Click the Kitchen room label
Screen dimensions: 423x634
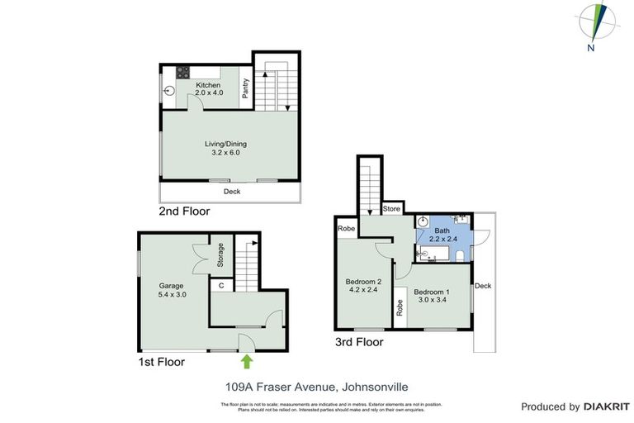pyautogui.click(x=208, y=88)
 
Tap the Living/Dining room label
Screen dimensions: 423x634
pyautogui.click(x=225, y=148)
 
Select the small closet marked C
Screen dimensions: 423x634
pyautogui.click(x=220, y=286)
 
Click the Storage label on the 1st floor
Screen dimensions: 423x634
pyautogui.click(x=220, y=255)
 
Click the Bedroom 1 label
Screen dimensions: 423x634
pyautogui.click(x=432, y=296)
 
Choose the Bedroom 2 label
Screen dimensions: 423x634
pyautogui.click(x=363, y=285)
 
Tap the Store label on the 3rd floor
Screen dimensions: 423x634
pyautogui.click(x=392, y=209)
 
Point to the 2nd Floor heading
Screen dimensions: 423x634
pyautogui.click(x=184, y=211)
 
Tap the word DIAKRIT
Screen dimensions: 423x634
pyautogui.click(x=607, y=406)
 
